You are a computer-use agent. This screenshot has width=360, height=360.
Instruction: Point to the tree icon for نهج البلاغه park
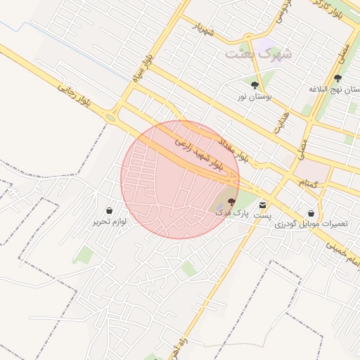pyautogui.click(x=337, y=78)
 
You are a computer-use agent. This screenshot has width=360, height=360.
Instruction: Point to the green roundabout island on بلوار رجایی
pyautogui.click(x=111, y=117)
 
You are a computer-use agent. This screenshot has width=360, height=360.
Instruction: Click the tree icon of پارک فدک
pyautogui.click(x=232, y=201)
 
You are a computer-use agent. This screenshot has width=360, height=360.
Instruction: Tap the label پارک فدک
pyautogui.click(x=232, y=212)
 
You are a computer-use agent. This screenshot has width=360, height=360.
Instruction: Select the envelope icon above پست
pyautogui.click(x=263, y=205)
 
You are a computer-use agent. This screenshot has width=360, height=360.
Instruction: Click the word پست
pyautogui.click(x=262, y=215)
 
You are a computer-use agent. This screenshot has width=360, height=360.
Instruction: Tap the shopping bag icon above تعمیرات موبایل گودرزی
pyautogui.click(x=311, y=213)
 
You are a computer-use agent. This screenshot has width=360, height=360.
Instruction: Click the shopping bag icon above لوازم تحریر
pyautogui.click(x=109, y=210)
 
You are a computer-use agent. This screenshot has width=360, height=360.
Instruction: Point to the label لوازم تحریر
pyautogui.click(x=109, y=221)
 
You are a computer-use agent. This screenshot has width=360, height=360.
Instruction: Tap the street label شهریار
pyautogui.click(x=202, y=30)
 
